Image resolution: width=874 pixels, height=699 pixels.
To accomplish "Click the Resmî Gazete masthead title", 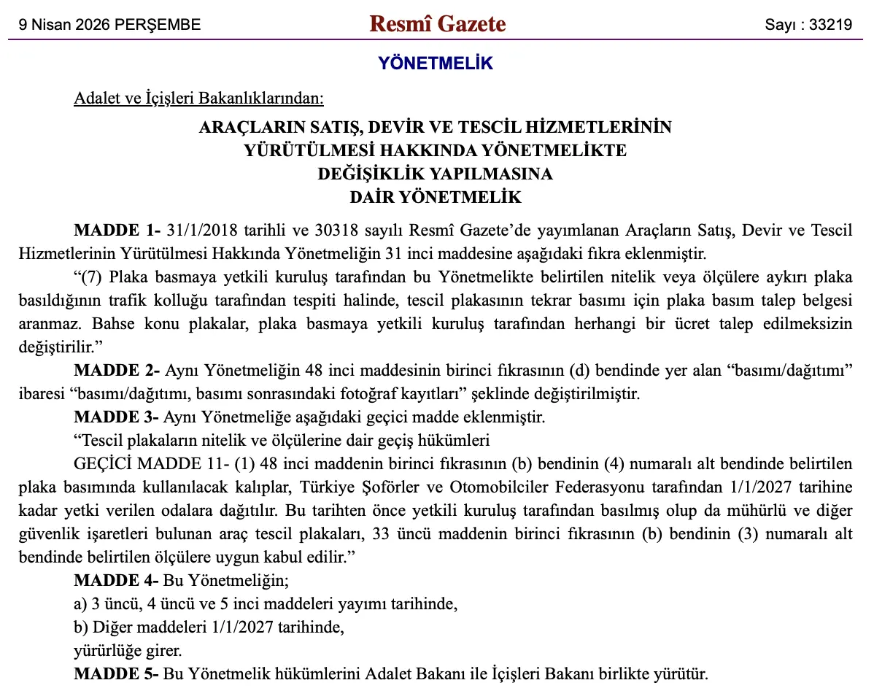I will [x=437, y=24].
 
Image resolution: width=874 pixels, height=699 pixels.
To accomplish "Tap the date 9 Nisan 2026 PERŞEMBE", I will [x=109, y=25].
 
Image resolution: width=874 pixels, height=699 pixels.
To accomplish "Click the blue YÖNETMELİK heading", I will [x=436, y=63].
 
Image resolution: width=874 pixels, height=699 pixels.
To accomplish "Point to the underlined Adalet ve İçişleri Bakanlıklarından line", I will [x=198, y=99].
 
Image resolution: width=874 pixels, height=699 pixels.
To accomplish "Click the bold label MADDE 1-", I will [x=117, y=231].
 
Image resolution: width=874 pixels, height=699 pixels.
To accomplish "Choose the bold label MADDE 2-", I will [x=117, y=371].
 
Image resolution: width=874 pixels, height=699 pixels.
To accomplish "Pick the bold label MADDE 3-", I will [x=117, y=417].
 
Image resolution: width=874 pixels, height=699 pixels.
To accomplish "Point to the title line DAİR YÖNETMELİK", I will [x=436, y=197].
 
